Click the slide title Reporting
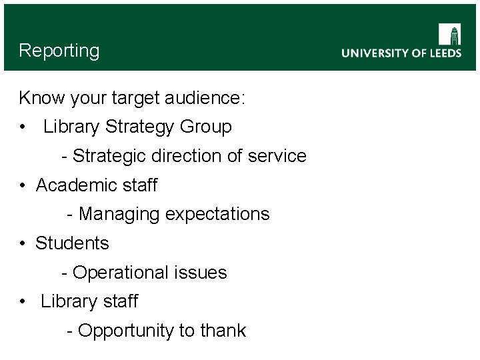click(x=59, y=51)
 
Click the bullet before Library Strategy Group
click(x=23, y=127)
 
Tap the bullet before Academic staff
click(x=23, y=185)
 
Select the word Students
click(x=72, y=243)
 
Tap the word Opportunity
click(x=125, y=331)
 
